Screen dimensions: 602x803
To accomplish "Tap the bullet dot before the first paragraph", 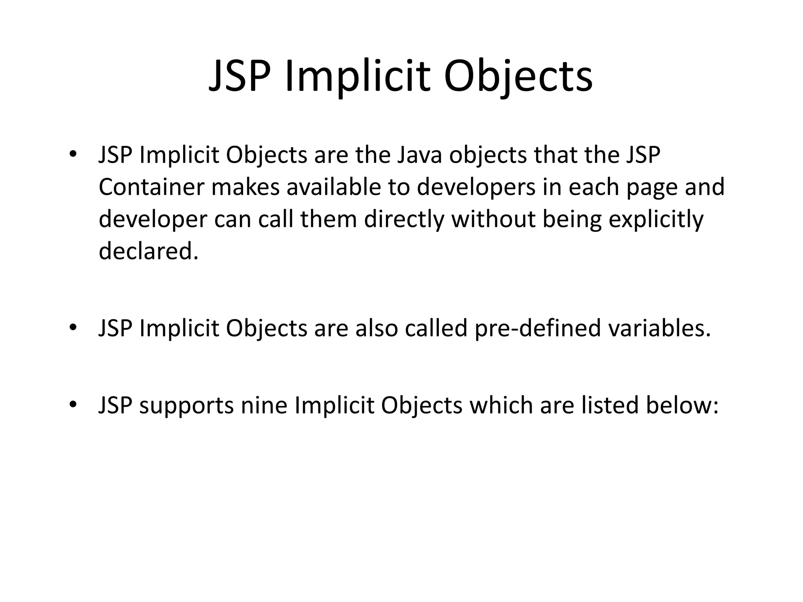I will [x=73, y=154].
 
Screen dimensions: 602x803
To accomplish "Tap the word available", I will [x=334, y=187].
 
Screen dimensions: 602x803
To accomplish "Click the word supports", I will [x=187, y=406].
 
